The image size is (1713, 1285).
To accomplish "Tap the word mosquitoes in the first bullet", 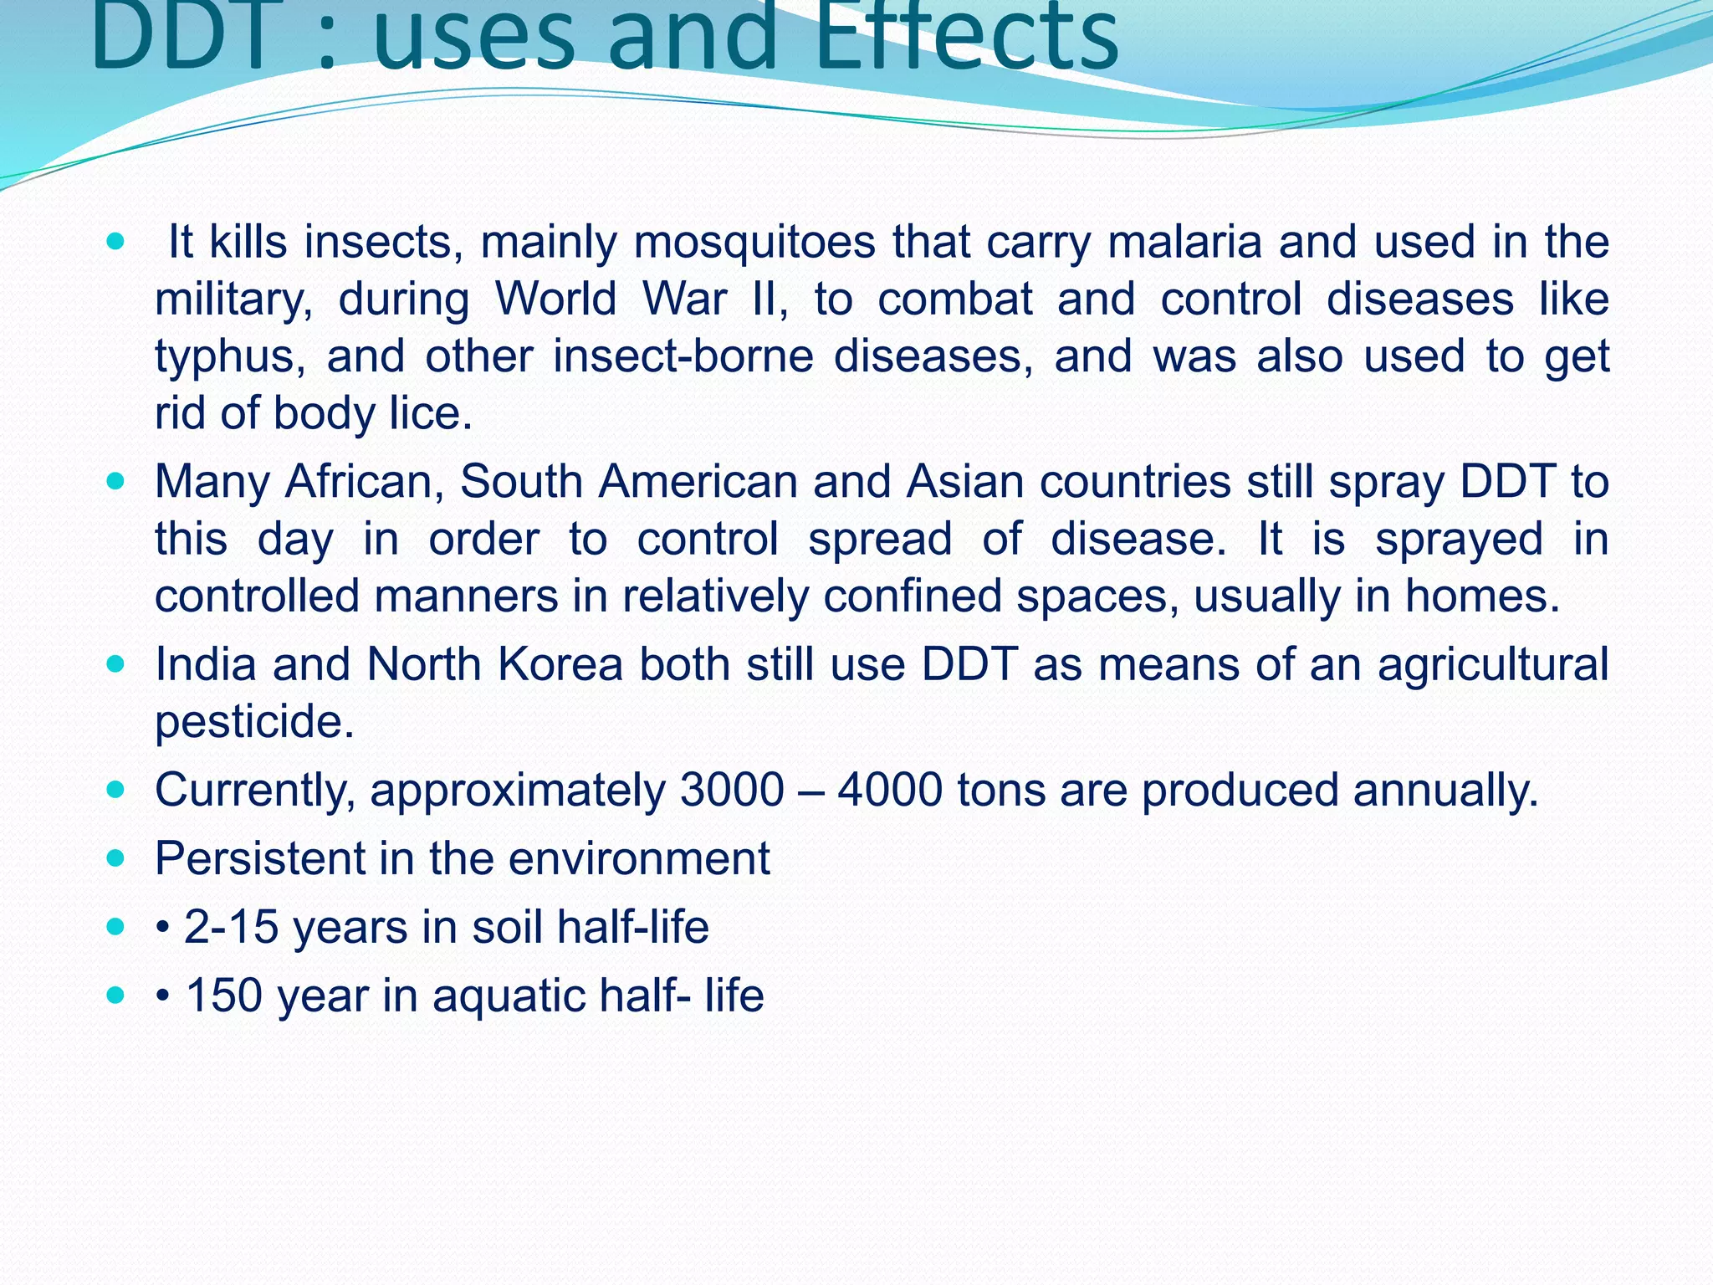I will tap(754, 243).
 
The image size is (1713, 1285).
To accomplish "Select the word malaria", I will tap(1184, 243).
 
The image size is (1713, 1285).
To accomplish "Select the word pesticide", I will tap(255, 722).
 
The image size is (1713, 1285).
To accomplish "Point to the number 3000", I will tap(733, 791).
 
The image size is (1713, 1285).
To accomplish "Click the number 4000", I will tap(890, 791).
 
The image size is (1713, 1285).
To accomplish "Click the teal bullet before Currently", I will tap(116, 789).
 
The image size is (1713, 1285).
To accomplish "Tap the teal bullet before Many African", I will tap(116, 481).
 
